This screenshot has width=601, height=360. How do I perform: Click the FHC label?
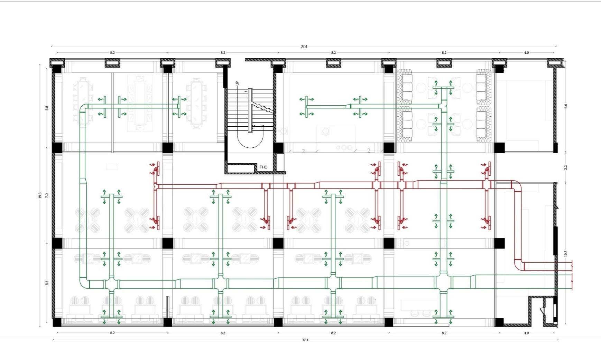coord(263,167)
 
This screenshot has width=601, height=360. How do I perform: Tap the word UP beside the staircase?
coord(237,83)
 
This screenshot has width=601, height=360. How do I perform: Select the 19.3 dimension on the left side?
coord(40,195)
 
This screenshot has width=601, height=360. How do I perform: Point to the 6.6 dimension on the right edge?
coord(566,106)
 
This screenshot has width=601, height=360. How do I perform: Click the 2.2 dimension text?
coord(566,167)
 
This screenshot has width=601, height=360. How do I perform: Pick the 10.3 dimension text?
coord(566,253)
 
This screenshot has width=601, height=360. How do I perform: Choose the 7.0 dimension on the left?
coord(47,195)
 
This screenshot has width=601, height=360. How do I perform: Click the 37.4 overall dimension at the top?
coord(304,46)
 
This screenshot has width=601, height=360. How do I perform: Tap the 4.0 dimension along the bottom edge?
coord(526,333)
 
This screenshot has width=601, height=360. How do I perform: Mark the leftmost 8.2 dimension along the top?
coord(112,53)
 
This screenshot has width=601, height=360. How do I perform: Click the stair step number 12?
coord(253,127)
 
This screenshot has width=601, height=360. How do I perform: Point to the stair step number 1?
coord(246,91)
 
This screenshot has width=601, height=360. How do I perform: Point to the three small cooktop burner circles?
coord(344,147)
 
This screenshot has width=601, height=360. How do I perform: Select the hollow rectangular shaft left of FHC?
coord(241,168)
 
